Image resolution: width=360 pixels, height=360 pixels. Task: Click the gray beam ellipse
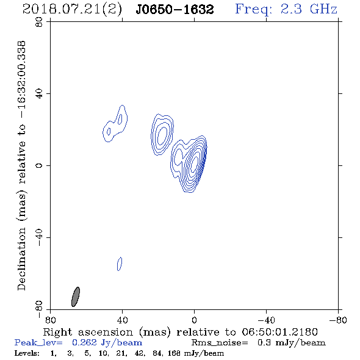pyautogui.click(x=76, y=297)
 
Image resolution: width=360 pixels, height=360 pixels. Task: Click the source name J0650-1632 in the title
pyautogui.click(x=175, y=10)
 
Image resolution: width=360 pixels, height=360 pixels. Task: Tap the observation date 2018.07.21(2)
pyautogui.click(x=72, y=10)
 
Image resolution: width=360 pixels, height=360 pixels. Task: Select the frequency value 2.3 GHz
pyautogui.click(x=309, y=9)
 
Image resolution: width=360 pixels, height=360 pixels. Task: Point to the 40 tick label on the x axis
pyautogui.click(x=122, y=320)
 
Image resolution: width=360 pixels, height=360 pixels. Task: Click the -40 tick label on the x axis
pyautogui.click(x=266, y=320)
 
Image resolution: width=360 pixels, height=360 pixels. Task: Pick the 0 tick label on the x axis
pyautogui.click(x=194, y=320)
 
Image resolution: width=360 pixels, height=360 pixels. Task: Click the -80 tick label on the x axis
pyautogui.click(x=338, y=320)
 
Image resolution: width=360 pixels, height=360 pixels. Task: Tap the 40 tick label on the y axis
pyautogui.click(x=39, y=94)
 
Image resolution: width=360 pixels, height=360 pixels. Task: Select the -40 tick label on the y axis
pyautogui.click(x=39, y=237)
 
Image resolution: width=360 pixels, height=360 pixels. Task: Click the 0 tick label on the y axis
pyautogui.click(x=39, y=165)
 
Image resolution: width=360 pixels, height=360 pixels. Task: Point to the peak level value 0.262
pyautogui.click(x=84, y=342)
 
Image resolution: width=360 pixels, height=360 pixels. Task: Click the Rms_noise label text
pyautogui.click(x=220, y=343)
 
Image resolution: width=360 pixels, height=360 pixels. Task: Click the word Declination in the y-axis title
pyautogui.click(x=21, y=259)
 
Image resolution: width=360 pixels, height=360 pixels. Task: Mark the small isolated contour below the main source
pyautogui.click(x=120, y=264)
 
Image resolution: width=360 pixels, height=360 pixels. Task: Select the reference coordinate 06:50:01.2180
pyautogui.click(x=279, y=332)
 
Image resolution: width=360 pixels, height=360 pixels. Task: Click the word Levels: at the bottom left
pyautogui.click(x=27, y=353)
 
